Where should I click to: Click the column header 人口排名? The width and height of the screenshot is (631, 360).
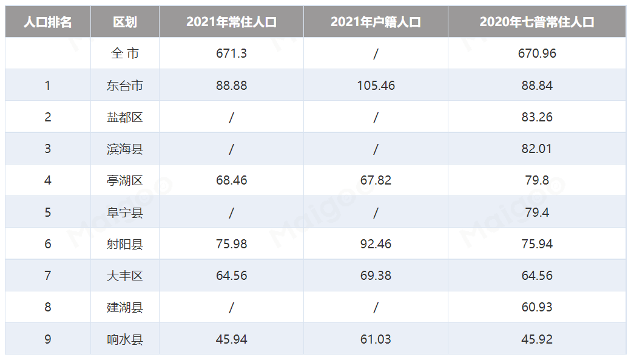click(48, 22)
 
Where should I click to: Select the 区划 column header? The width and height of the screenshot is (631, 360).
click(125, 22)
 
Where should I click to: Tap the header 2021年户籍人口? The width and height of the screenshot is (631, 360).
click(376, 22)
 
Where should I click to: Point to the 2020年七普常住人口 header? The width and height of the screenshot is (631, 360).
click(537, 22)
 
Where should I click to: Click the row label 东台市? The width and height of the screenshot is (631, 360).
click(125, 86)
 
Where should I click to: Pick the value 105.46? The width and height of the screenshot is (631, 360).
click(376, 86)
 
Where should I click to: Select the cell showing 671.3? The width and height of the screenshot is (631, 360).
click(231, 53)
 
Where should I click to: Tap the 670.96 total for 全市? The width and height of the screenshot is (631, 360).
click(537, 53)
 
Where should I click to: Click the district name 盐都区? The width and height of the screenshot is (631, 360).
click(125, 117)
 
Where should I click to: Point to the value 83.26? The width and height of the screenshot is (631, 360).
click(537, 117)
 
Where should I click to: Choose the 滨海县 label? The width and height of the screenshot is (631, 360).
click(125, 149)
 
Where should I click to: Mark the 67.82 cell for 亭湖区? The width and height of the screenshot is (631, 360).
click(376, 180)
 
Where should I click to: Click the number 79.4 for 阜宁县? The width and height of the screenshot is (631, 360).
click(537, 212)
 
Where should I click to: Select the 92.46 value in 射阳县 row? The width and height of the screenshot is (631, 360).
click(376, 244)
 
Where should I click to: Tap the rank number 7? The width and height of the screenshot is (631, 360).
click(48, 276)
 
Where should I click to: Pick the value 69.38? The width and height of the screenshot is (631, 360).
click(376, 276)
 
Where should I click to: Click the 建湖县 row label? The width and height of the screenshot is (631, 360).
click(125, 307)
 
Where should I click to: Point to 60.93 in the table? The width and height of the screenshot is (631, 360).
click(537, 307)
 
